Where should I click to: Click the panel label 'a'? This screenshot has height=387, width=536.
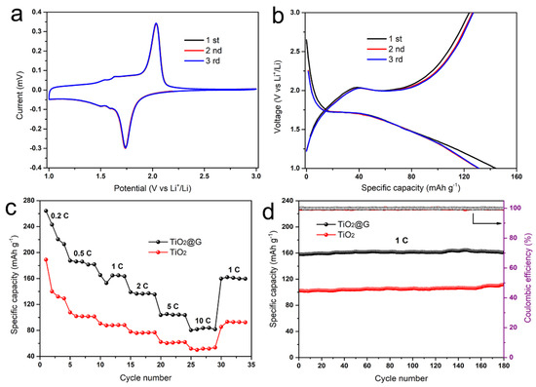pos(13,14)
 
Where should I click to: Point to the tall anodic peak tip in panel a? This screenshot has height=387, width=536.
pos(156,24)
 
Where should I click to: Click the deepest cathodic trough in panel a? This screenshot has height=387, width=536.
pos(125,147)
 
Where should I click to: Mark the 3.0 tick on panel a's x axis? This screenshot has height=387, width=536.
pos(255,178)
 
